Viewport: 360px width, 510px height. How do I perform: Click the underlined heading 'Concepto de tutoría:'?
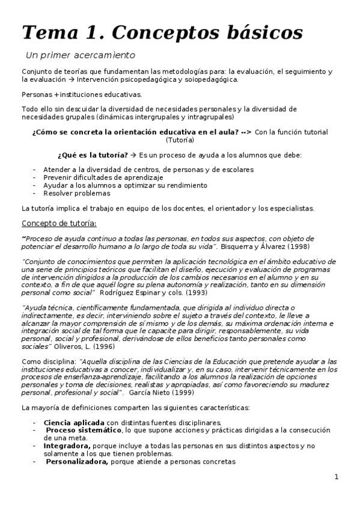point(58,223)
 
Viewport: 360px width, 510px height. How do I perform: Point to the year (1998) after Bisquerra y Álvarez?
point(300,247)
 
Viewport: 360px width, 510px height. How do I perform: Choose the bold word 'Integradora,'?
point(67,446)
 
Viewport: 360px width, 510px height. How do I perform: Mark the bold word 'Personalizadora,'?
point(77,462)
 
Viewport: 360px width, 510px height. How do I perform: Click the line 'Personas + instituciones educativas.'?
point(81,94)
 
